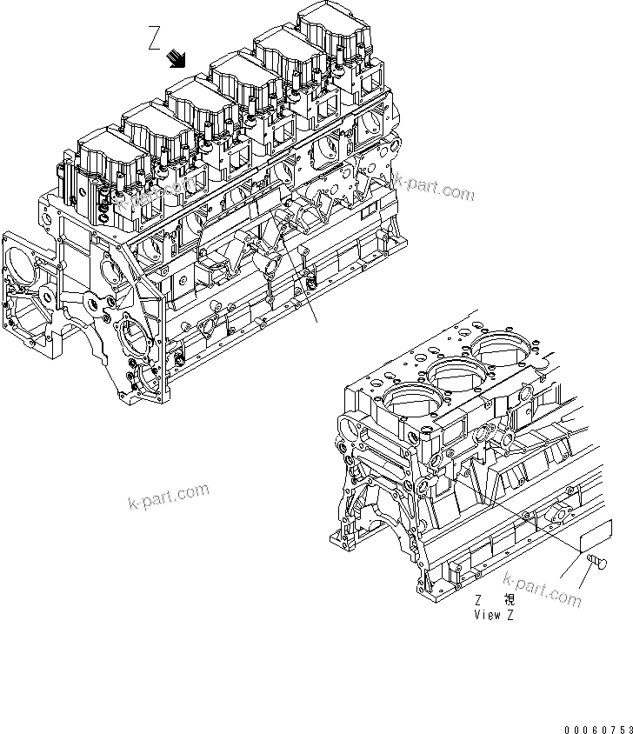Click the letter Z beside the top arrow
(x=155, y=39)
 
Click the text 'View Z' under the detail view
(x=494, y=614)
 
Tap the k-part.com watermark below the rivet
(x=541, y=591)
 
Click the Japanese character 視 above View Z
(x=510, y=600)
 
